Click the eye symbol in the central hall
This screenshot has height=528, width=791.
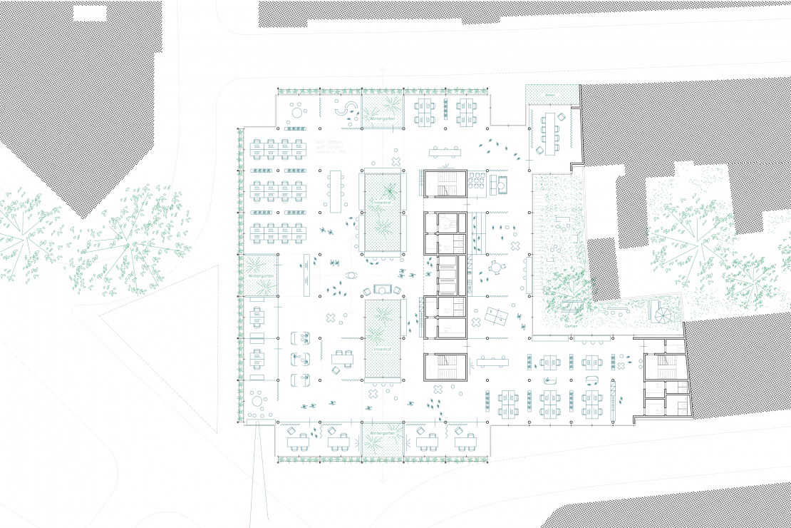coord(350,275)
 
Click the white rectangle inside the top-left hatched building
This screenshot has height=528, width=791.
coord(90,12)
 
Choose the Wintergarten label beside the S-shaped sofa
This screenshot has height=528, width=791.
coord(383,118)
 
